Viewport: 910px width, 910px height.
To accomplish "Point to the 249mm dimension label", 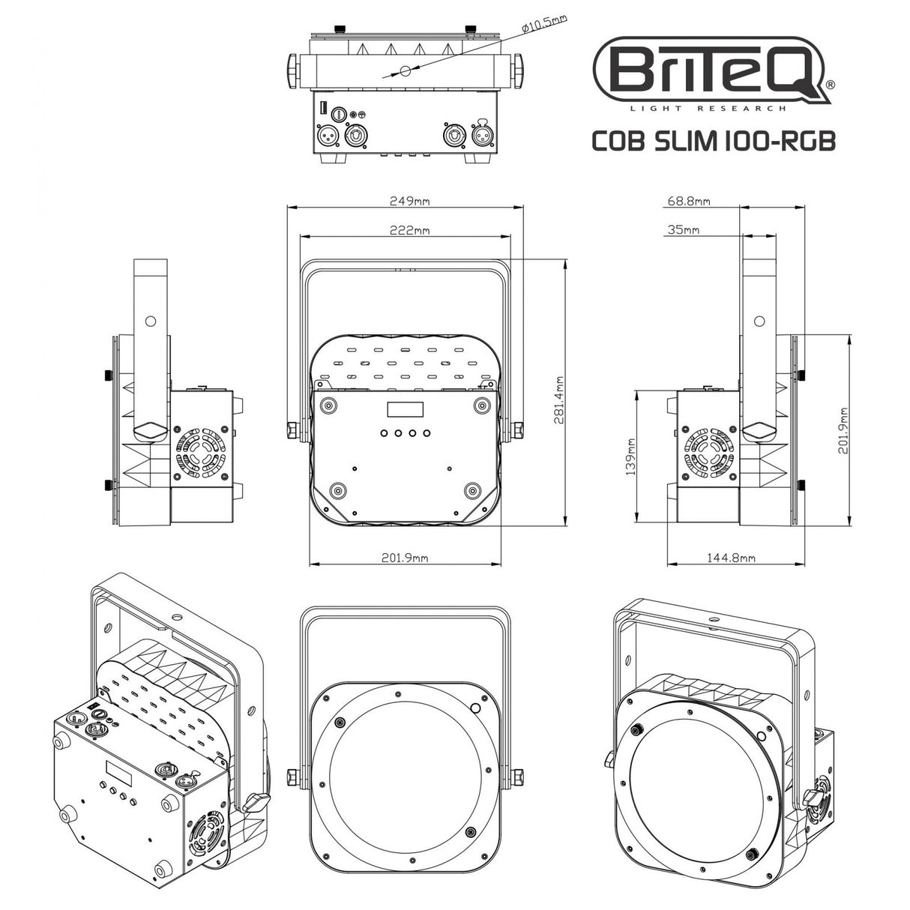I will point(409,201).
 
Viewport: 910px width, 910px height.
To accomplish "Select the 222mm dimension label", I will point(409,231).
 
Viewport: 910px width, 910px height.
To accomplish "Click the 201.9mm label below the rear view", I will point(405,558).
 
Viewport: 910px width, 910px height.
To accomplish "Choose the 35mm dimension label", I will point(682,230).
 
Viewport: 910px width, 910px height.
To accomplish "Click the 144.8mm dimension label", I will point(731,558).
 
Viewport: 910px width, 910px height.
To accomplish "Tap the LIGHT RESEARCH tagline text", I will point(708,109).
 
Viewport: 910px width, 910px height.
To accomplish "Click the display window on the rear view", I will point(404,410).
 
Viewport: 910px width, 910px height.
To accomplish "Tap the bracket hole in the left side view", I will point(150,321).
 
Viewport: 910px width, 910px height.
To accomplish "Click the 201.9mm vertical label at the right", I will point(845,431).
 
